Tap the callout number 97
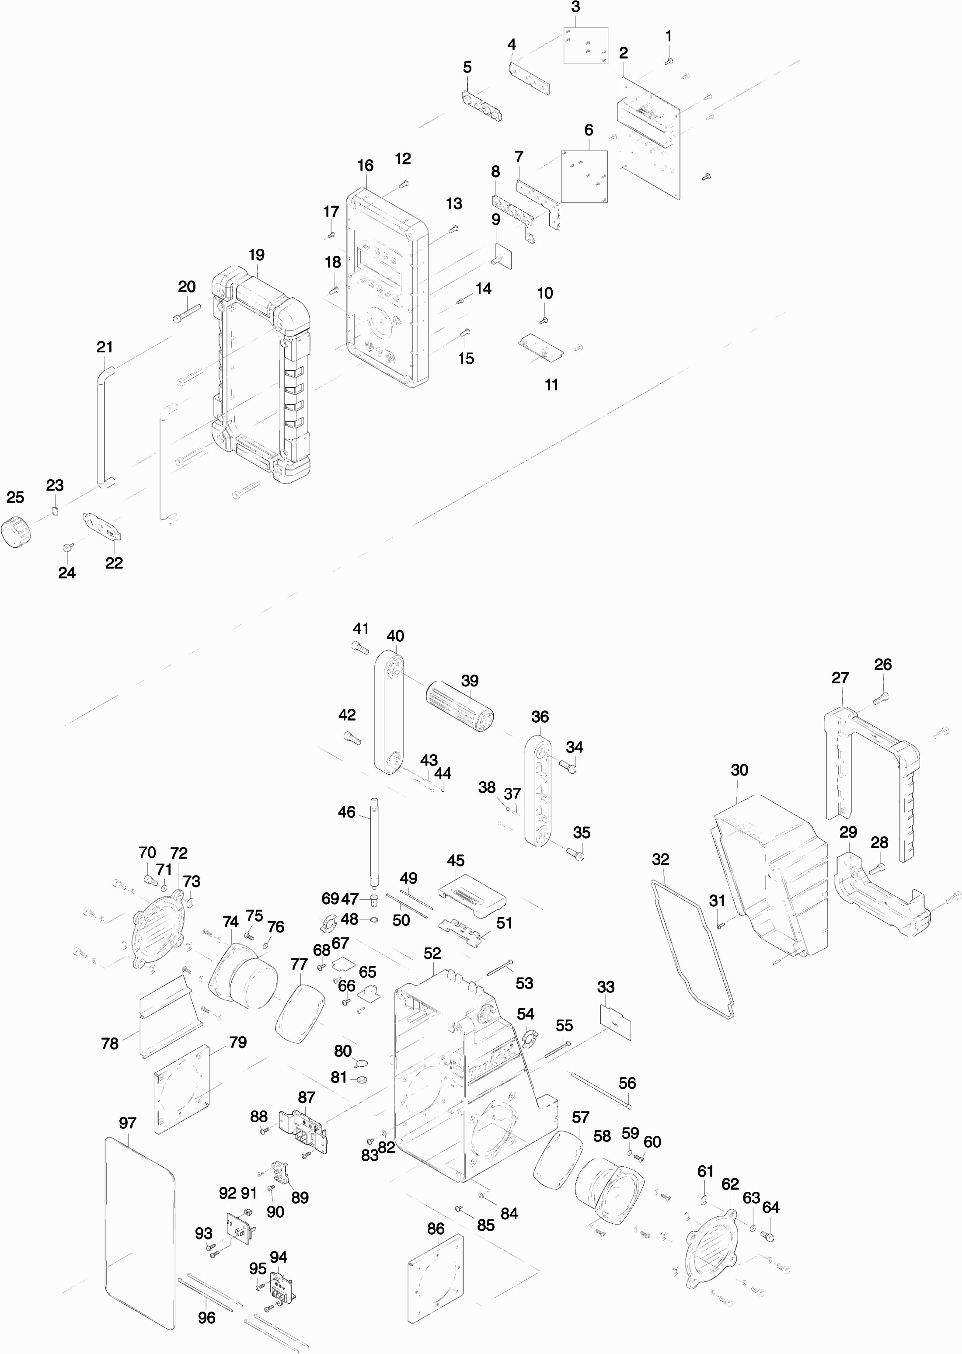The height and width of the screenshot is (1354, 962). [127, 1123]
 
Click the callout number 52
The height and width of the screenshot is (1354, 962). [432, 953]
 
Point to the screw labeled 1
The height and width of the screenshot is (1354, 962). [669, 60]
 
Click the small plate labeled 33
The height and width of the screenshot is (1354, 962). [616, 1021]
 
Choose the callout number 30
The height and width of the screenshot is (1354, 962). [739, 770]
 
